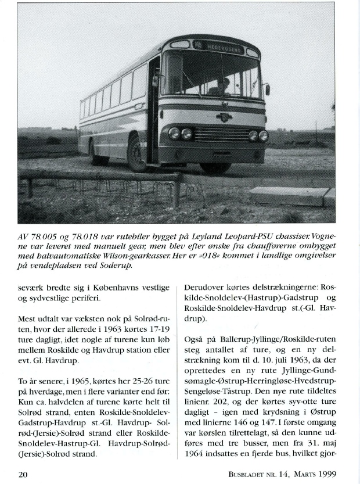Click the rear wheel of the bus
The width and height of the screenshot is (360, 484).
click(x=96, y=152)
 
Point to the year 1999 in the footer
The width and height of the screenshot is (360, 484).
click(x=323, y=474)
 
